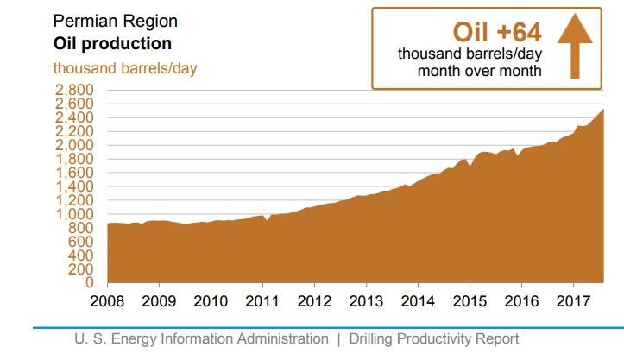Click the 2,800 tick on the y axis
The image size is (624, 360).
coord(74,90)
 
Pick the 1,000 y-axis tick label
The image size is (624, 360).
coord(74,214)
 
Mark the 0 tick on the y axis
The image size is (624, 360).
coord(89,282)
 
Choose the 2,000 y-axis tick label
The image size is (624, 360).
coord(74,145)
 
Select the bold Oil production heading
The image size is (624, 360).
coord(112,43)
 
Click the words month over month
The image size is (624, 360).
coord(479,71)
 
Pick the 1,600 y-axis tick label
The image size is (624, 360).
coord(74,173)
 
